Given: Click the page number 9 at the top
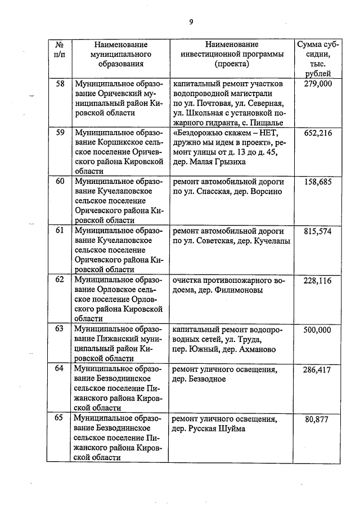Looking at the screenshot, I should tap(191, 22).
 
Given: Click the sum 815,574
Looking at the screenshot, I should tap(318, 231).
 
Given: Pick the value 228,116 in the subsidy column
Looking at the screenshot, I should tap(318, 280).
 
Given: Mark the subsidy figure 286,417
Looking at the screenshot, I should tap(318, 370).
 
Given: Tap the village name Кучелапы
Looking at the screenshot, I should tap(271, 241).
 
